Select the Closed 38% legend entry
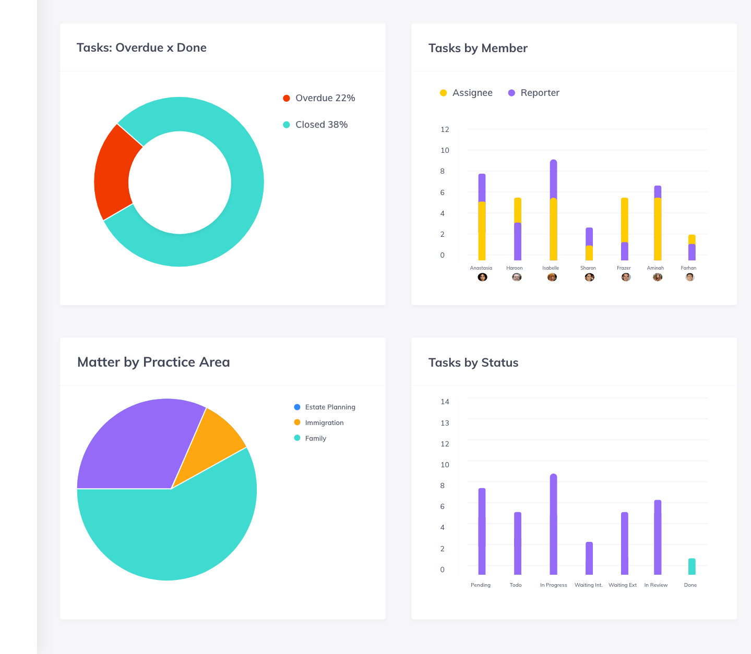pos(315,125)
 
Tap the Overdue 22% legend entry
pos(319,98)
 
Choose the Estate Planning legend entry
pos(324,407)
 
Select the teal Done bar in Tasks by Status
pos(692,566)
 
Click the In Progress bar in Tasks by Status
pos(553,524)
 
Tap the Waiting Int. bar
pos(589,558)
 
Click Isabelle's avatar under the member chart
pos(552,277)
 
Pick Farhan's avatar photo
pos(690,277)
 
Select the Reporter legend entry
pos(533,93)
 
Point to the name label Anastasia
pos(481,268)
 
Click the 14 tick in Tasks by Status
pos(445,402)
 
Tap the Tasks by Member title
pos(478,48)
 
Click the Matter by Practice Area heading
pos(153,362)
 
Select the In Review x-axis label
pos(655,585)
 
